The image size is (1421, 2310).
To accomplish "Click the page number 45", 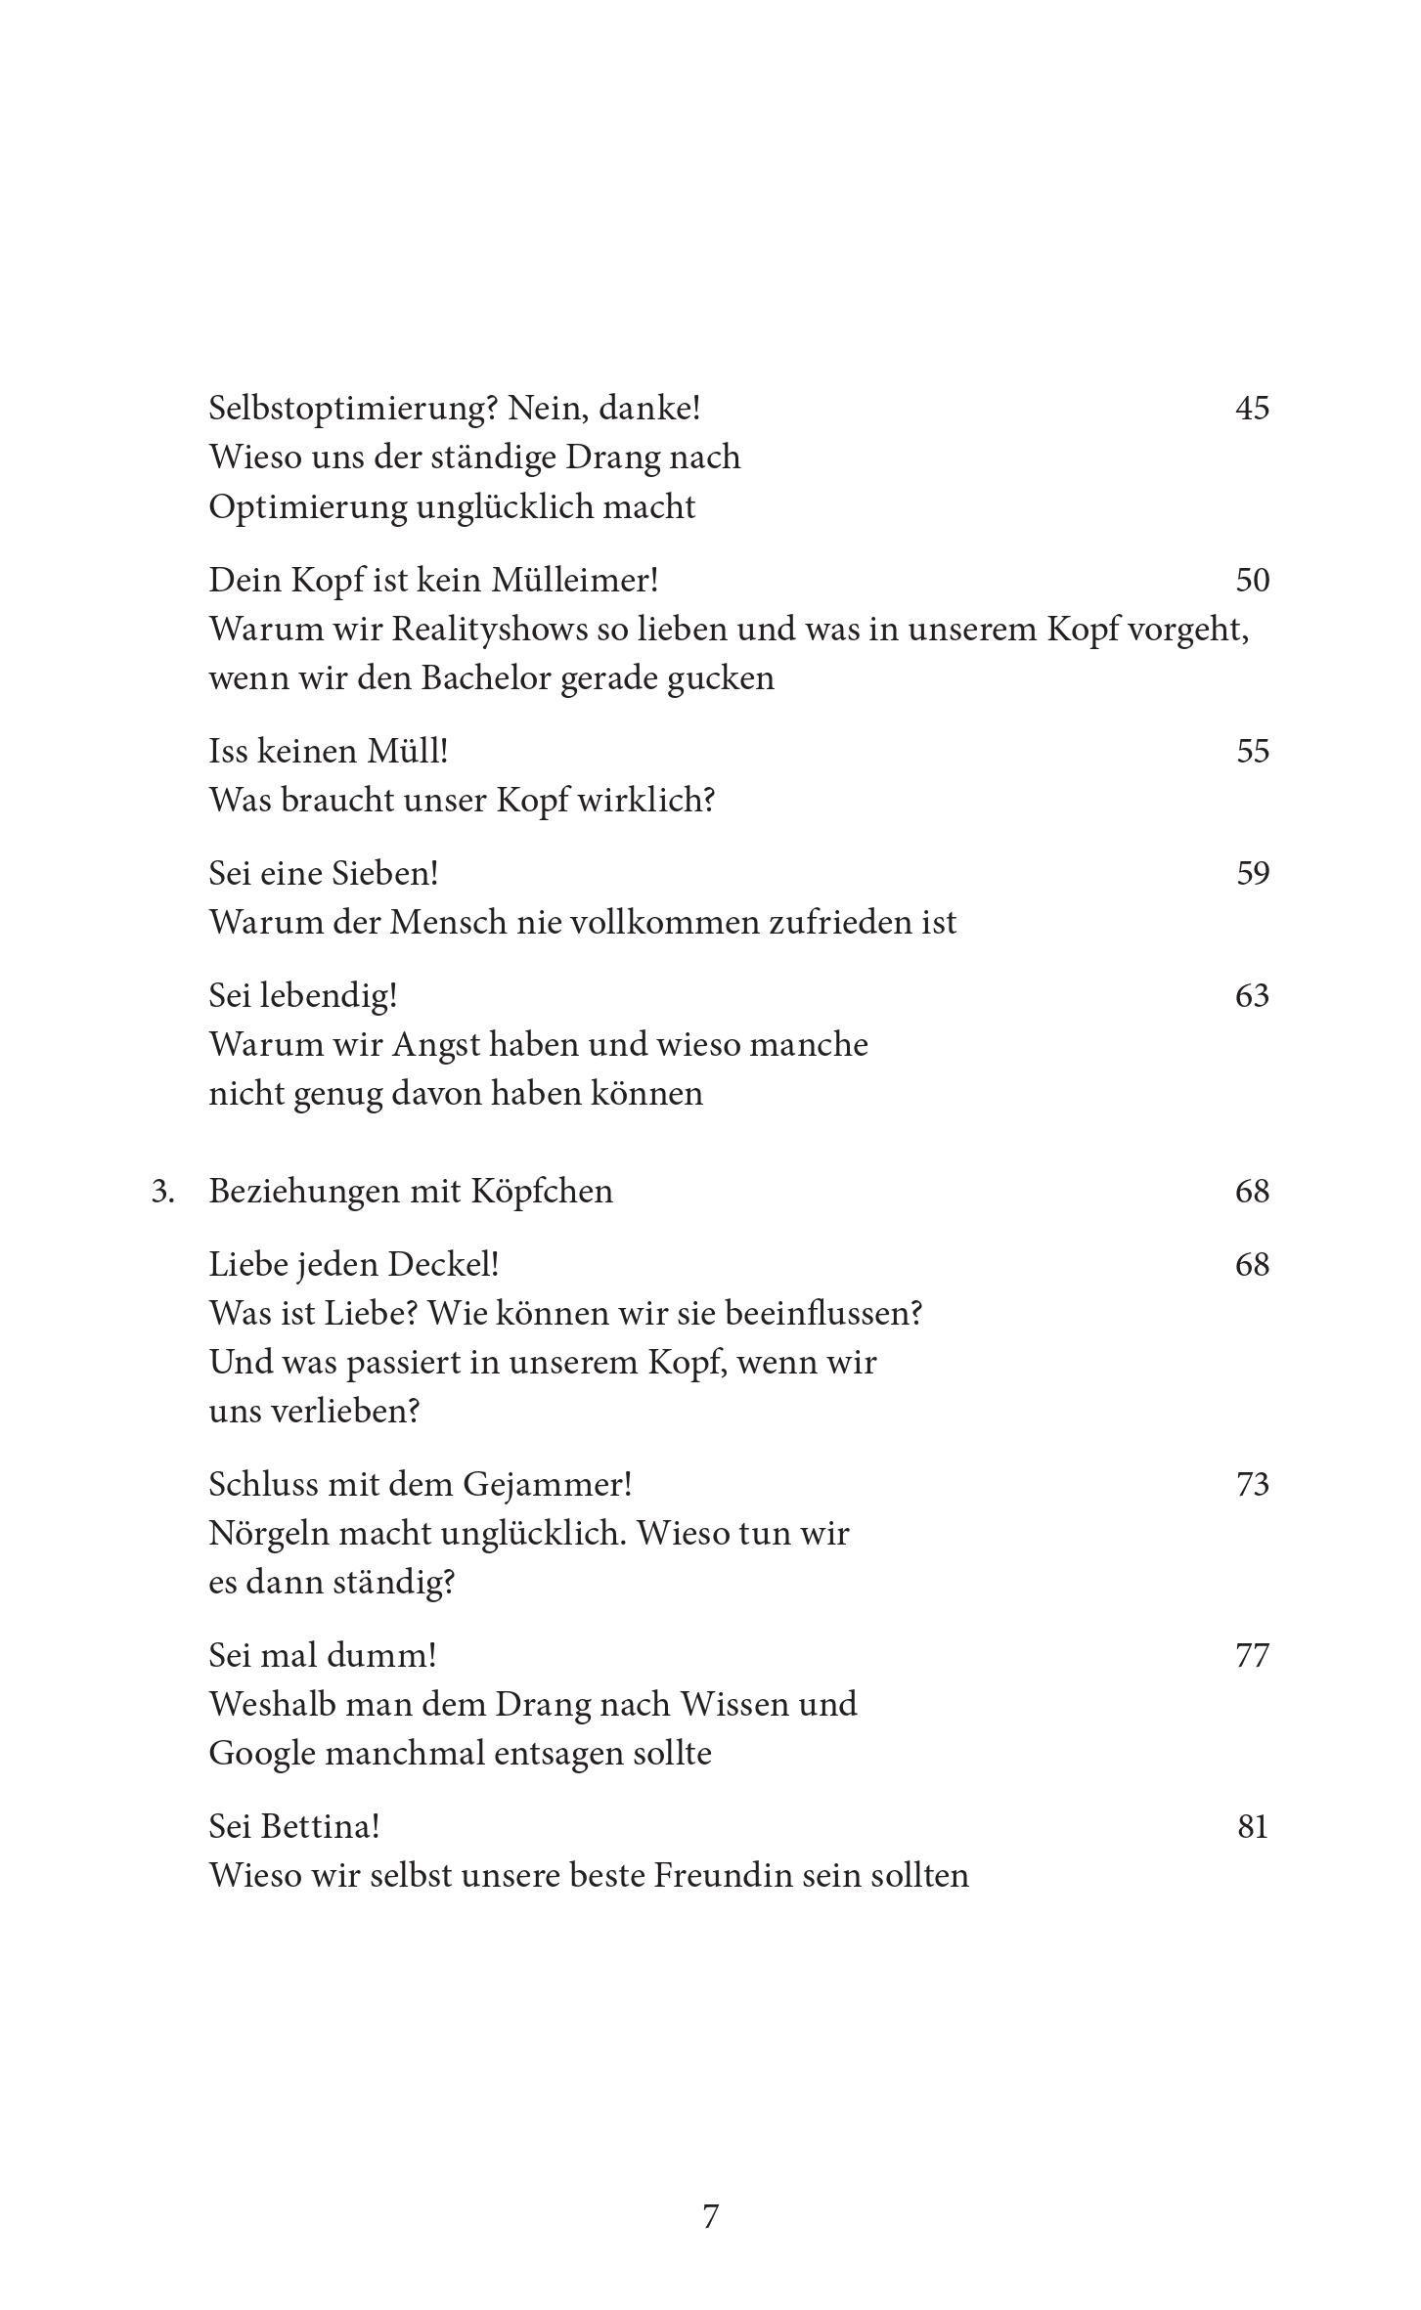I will tap(1252, 408).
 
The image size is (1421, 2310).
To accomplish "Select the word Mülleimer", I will tap(572, 580).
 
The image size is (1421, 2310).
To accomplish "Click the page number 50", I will tap(1252, 580).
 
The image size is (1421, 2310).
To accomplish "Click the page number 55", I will tap(1252, 751).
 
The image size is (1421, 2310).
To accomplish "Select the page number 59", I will tap(1252, 873).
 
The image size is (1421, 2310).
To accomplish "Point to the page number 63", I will tap(1252, 995).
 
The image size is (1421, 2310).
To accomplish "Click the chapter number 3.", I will tap(162, 1192).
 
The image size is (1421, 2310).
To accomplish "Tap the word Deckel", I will tap(443, 1265).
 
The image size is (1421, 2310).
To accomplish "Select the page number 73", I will tap(1252, 1485).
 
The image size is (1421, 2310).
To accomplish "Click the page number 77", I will tap(1252, 1656).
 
